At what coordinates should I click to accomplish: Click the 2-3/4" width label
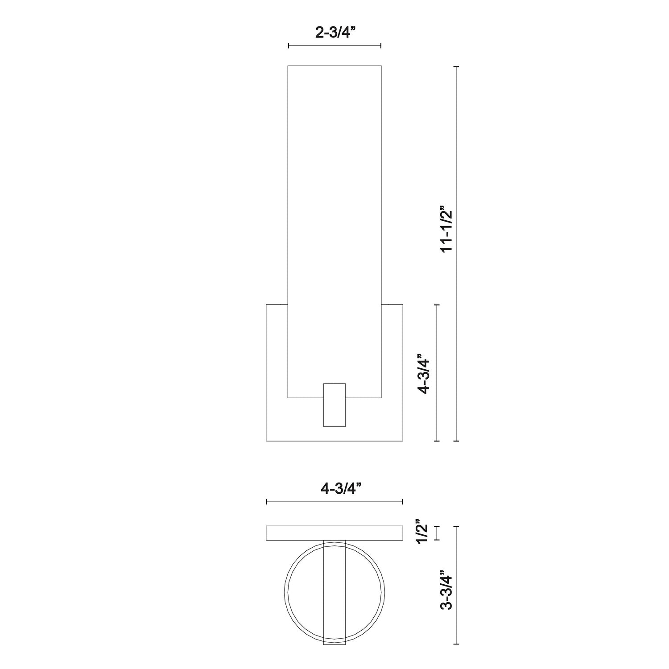click(x=334, y=33)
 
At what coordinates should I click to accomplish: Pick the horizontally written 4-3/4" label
click(x=334, y=489)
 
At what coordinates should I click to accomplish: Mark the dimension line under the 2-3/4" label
click(x=334, y=45)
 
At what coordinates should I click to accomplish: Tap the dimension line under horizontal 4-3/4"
click(x=334, y=502)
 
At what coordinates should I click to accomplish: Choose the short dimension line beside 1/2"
click(x=437, y=533)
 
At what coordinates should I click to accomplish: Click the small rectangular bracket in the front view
click(x=334, y=405)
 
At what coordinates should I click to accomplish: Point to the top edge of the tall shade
click(x=334, y=66)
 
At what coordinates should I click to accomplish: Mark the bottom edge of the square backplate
click(x=334, y=441)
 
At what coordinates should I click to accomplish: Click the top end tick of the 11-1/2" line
click(x=456, y=66)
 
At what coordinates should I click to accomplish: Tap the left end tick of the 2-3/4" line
click(x=289, y=45)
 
